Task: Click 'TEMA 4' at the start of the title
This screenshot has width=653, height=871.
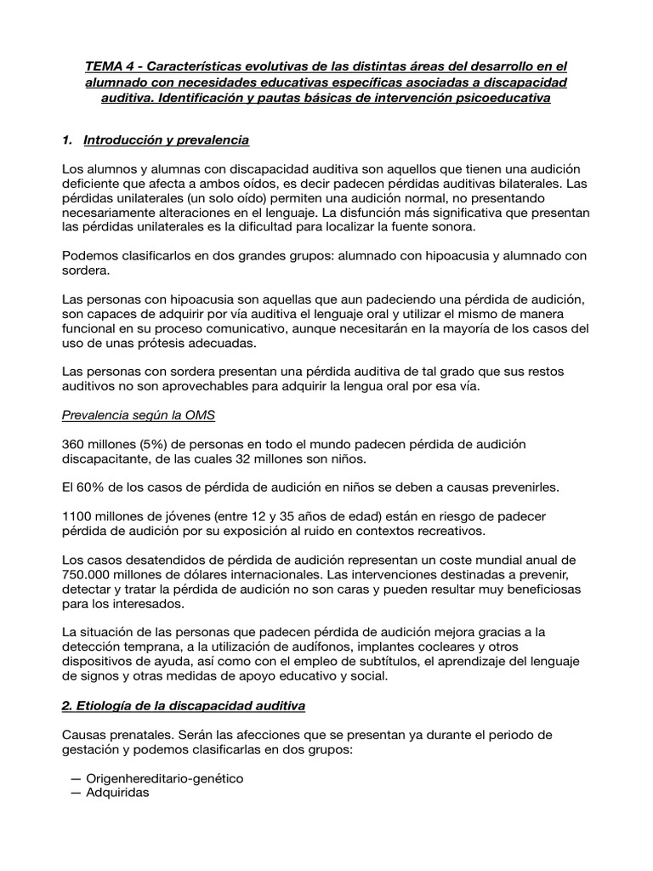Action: coord(110,67)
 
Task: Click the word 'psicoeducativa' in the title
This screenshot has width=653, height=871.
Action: coord(499,100)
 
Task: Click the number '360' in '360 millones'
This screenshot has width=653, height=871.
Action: coord(75,445)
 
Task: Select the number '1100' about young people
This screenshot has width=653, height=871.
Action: coord(78,516)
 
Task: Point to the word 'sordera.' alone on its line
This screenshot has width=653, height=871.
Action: coord(86,270)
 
